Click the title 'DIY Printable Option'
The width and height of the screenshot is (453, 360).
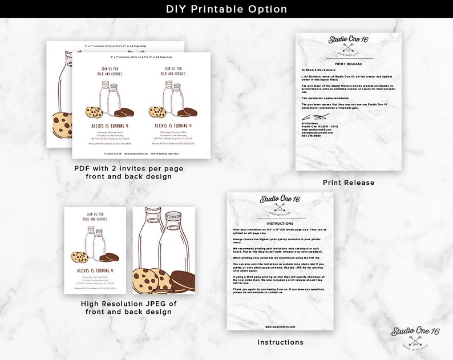226,10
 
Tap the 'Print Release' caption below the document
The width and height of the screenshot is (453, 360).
349,183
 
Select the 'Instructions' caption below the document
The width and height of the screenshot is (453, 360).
280,342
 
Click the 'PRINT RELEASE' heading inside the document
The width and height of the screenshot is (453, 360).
349,64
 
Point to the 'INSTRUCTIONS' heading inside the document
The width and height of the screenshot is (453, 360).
280,224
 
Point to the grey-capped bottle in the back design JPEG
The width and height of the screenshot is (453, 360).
173,240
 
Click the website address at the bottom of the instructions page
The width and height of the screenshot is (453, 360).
280,327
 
